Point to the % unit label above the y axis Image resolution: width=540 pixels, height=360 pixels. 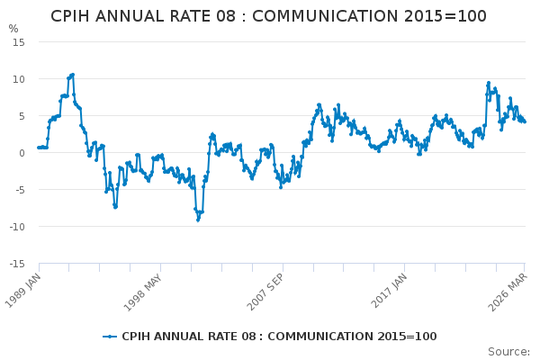coord(13,29)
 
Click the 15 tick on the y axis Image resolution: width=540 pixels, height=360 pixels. coord(18,42)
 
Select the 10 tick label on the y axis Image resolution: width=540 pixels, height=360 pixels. coord(18,79)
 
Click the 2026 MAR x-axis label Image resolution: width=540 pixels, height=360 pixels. coord(509,290)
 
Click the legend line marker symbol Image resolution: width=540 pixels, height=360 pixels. coord(110,337)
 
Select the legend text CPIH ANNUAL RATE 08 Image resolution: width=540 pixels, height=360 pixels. coord(184,337)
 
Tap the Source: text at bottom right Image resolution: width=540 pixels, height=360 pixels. coord(508,351)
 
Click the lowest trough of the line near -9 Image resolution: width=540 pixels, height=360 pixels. coord(198,220)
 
